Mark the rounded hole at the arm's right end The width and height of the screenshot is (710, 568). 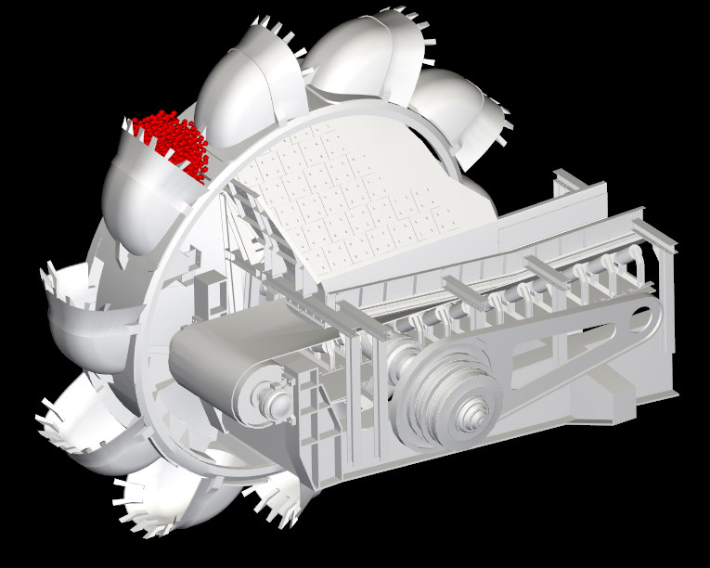coord(640,321)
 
